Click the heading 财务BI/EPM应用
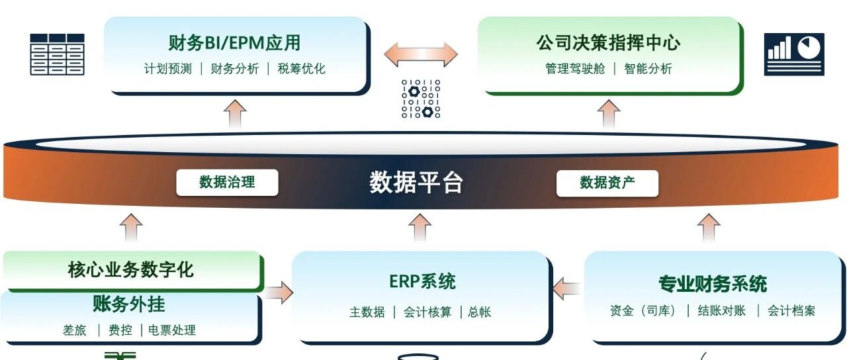[x=234, y=43]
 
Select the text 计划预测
[x=168, y=69]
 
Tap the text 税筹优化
[x=301, y=69]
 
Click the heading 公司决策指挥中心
[x=608, y=43]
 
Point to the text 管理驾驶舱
[x=575, y=69]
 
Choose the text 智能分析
[x=648, y=69]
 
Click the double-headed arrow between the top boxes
[x=421, y=54]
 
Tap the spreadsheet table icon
[x=57, y=54]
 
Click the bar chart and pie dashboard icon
[x=794, y=54]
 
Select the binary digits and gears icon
[x=421, y=99]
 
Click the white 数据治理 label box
[x=227, y=183]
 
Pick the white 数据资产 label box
[x=607, y=183]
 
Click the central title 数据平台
[x=416, y=183]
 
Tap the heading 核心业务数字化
[x=131, y=270]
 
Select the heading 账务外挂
[x=129, y=304]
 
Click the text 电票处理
[x=171, y=330]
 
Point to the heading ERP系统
[x=422, y=282]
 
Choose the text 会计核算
[x=427, y=312]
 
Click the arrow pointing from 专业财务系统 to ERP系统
[x=567, y=289]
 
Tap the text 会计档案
[x=791, y=311]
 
